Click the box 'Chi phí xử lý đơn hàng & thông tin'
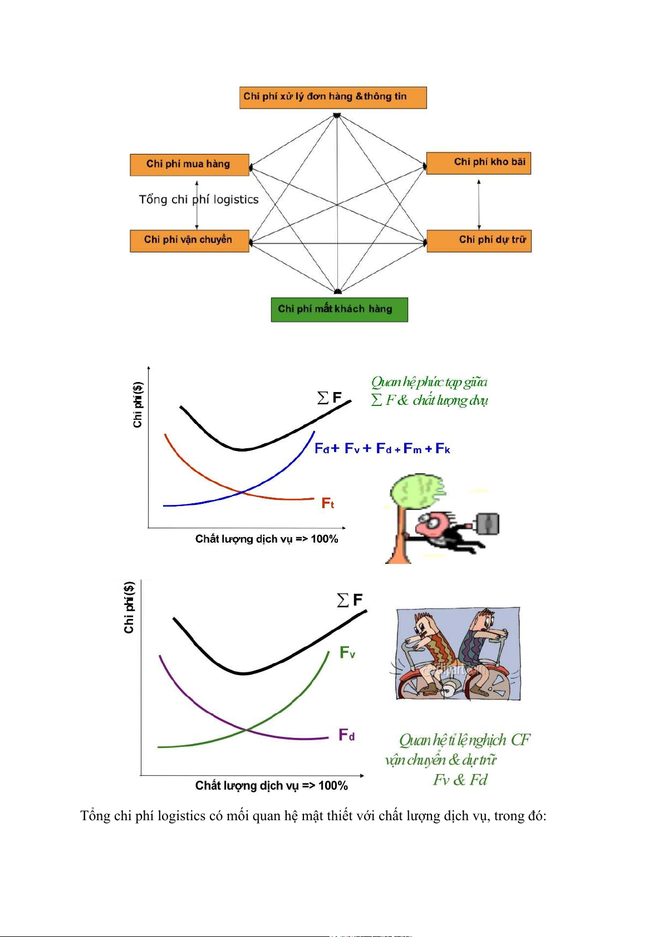[333, 98]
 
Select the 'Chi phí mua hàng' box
[189, 165]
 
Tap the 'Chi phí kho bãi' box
[478, 163]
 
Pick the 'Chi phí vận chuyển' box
[189, 241]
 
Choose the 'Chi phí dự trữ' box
[479, 241]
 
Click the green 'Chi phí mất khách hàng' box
[339, 310]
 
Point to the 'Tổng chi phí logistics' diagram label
[199, 200]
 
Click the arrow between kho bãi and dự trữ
[479, 205]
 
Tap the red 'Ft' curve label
[327, 503]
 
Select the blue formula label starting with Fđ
[382, 449]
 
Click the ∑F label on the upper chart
[329, 398]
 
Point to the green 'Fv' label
[347, 652]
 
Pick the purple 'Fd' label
[346, 735]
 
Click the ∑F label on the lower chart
[349, 600]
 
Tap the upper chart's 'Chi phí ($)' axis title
[138, 405]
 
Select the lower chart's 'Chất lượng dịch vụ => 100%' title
[272, 786]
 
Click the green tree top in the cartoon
[417, 492]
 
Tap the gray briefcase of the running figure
[488, 524]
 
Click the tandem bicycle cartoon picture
[458, 653]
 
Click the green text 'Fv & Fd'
[460, 780]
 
